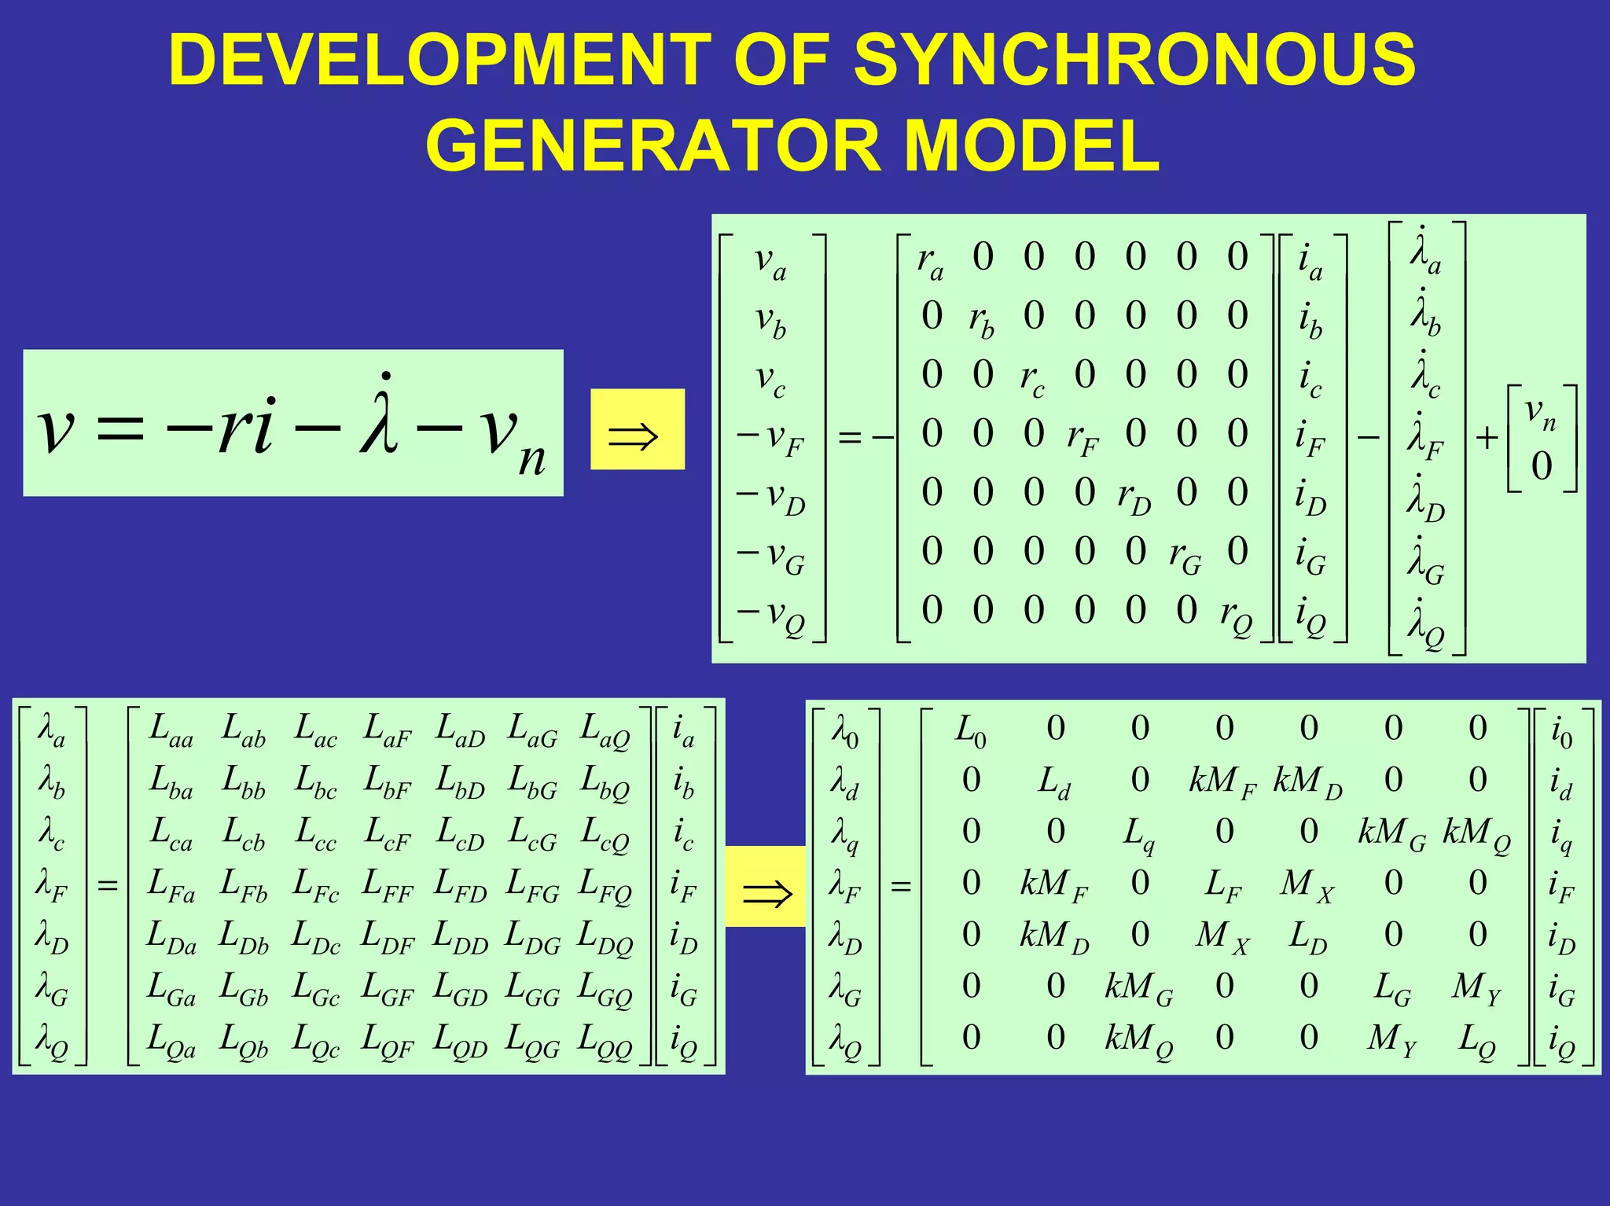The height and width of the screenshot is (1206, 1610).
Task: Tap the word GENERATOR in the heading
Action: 654,146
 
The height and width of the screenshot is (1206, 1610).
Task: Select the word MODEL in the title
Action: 1031,146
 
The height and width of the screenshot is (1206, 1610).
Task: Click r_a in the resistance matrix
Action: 930,260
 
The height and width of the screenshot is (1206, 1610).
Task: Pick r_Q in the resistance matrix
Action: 1237,614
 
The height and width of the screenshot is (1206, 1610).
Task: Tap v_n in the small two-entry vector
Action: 1541,413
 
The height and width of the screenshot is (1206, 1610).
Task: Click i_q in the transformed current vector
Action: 1560,836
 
